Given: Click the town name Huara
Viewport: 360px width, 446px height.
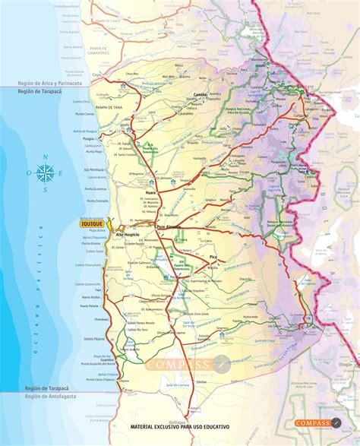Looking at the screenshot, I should point(150,195).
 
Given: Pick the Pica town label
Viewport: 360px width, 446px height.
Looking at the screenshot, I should point(213,258).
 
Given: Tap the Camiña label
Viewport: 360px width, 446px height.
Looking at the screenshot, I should point(201,94).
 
